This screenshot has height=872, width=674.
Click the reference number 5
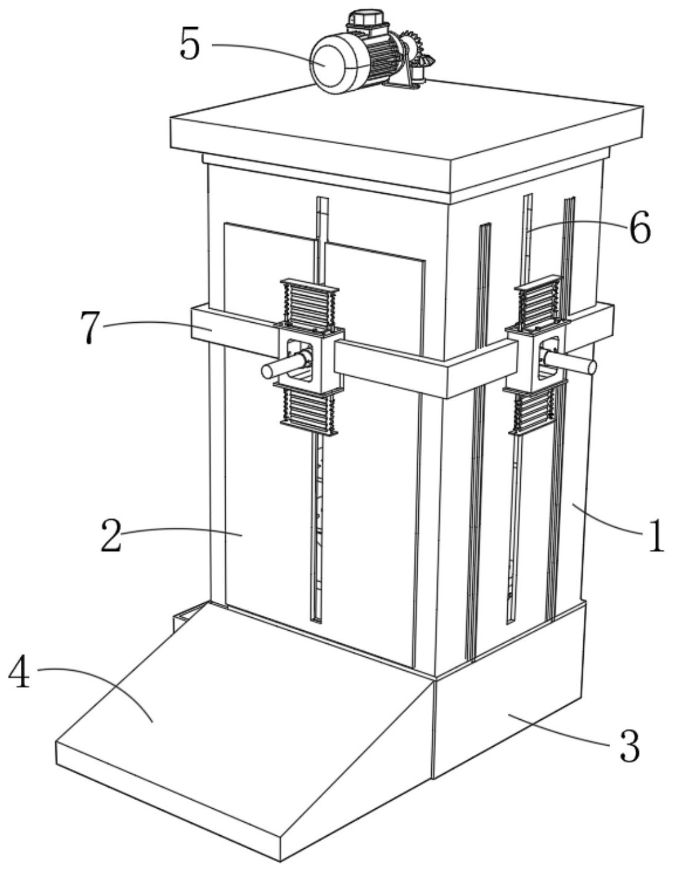(190, 45)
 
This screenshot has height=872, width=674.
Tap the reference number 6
(639, 230)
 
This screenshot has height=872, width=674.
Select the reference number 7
(90, 327)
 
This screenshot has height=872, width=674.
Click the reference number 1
(656, 536)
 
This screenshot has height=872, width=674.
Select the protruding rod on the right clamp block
(573, 363)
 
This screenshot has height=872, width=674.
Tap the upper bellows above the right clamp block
(538, 303)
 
